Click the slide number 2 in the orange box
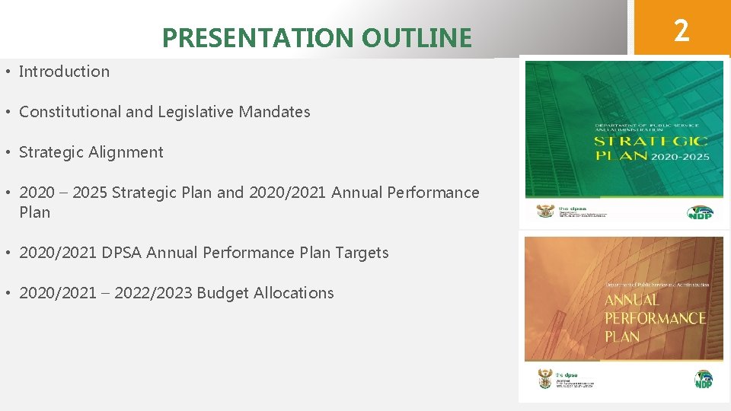682,30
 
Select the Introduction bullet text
64,72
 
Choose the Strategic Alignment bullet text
91,152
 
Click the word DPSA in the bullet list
122,253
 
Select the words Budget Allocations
265,293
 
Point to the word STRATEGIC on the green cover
651,142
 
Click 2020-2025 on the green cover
681,157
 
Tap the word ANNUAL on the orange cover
631,300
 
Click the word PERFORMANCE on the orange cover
655,318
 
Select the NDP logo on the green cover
700,212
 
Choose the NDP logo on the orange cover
704,378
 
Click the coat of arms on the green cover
545,211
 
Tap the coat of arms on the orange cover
544,378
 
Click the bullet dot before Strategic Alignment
7,152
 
